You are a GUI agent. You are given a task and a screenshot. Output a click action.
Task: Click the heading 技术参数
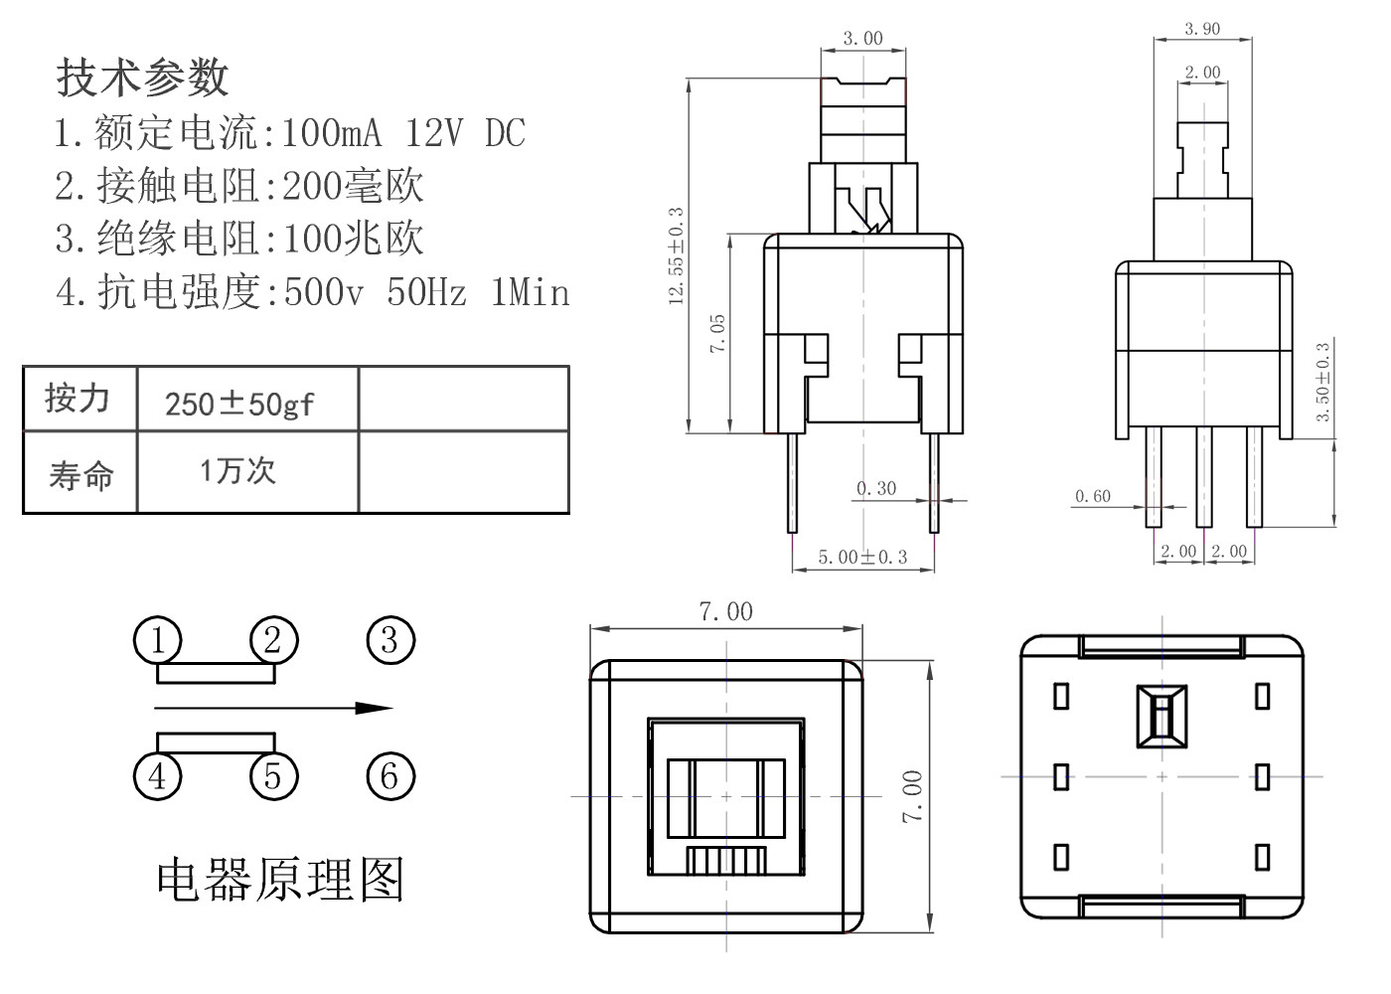142,77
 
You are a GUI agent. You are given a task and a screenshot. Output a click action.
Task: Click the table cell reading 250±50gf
239,404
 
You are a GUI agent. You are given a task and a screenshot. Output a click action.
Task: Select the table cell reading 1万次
237,470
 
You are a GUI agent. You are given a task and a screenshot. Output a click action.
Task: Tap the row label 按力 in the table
77,399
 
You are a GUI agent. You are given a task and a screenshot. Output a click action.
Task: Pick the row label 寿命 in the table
80,475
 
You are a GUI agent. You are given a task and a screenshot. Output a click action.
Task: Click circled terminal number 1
158,641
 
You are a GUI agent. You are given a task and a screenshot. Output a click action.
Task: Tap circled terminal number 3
389,640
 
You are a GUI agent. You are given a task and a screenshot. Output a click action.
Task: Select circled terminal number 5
273,776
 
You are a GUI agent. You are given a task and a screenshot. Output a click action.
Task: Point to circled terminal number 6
389,776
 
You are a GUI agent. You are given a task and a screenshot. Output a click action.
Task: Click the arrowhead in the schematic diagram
375,709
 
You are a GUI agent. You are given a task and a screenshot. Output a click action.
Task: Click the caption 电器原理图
280,879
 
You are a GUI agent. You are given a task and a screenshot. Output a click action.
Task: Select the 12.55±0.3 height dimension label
677,256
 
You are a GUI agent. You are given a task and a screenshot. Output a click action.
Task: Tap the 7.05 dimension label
717,333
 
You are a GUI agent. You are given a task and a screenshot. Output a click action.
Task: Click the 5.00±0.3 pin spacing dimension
862,557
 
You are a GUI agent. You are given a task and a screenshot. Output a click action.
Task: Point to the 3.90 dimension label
1202,29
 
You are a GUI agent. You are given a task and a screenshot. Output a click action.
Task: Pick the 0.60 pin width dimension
1093,496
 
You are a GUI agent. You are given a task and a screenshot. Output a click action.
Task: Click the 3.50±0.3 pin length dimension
1322,383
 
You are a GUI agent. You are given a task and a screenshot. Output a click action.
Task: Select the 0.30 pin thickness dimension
876,488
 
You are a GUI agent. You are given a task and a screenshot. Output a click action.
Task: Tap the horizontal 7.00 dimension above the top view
726,611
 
